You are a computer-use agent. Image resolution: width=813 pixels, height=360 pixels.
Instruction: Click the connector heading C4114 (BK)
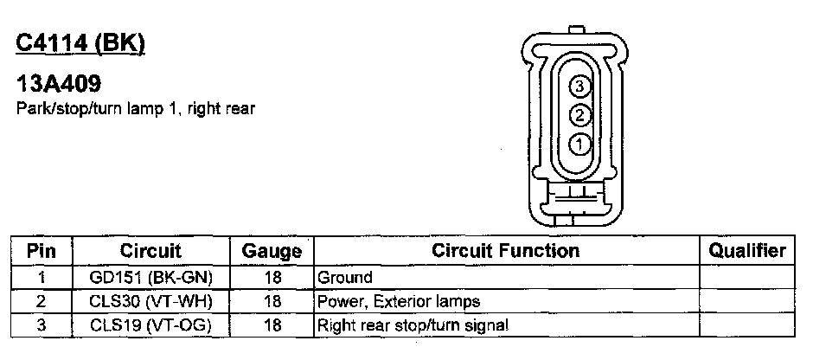[80, 42]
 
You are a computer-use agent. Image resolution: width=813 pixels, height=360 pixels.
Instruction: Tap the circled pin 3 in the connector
[580, 85]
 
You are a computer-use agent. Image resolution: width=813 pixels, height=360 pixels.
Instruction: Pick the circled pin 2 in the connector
[580, 113]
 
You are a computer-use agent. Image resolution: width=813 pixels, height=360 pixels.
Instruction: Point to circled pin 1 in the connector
[580, 142]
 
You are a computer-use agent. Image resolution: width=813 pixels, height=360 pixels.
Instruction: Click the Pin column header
[42, 251]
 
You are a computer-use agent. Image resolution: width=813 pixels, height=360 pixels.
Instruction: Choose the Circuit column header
[150, 251]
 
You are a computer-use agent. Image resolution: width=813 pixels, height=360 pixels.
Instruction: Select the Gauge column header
[272, 252]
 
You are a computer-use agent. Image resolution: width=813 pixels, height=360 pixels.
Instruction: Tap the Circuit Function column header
[505, 251]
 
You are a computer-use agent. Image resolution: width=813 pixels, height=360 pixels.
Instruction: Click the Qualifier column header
[747, 251]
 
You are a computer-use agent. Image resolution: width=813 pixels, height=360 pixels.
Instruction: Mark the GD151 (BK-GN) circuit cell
[150, 278]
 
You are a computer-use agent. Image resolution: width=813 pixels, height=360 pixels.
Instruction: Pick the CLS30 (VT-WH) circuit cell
[150, 301]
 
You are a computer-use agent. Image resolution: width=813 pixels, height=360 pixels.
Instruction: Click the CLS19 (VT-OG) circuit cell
[150, 325]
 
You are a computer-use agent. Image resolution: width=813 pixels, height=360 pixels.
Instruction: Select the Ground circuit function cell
[345, 278]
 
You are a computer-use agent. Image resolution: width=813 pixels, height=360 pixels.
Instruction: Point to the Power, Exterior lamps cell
[399, 301]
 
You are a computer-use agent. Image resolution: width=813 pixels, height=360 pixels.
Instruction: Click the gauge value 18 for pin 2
[272, 301]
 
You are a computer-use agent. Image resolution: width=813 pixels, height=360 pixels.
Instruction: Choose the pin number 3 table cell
[42, 325]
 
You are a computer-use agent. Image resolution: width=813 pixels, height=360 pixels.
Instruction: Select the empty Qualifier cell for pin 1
[747, 278]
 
